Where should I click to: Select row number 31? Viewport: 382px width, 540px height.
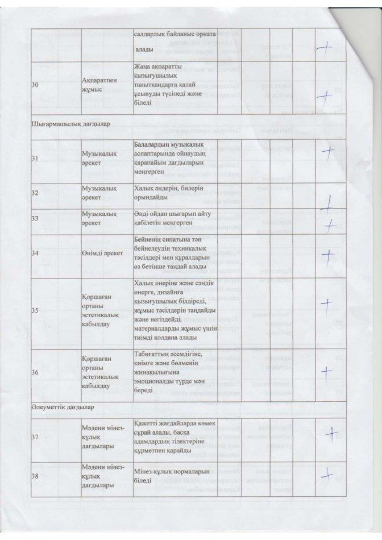coord(35,159)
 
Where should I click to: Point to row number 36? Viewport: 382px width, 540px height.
coord(35,372)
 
